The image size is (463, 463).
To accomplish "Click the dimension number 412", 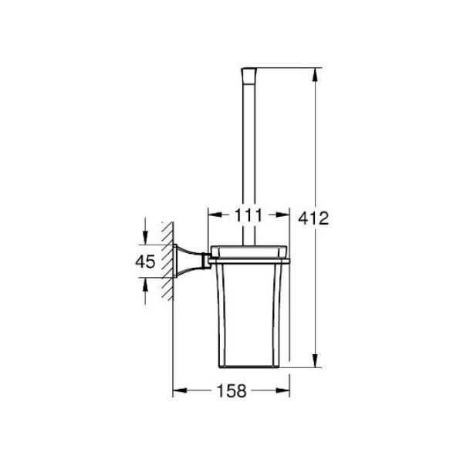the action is click(313, 218).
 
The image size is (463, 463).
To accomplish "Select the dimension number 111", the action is click(248, 215).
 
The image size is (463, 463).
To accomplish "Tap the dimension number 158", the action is click(231, 390).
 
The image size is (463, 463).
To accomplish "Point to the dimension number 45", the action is click(145, 262).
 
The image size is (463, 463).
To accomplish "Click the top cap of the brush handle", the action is click(249, 76).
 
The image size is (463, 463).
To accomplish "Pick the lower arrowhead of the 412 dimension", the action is click(316, 361).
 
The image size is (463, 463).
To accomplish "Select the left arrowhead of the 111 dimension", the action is click(215, 215).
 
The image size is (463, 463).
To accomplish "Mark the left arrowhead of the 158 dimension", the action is click(180, 390).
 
